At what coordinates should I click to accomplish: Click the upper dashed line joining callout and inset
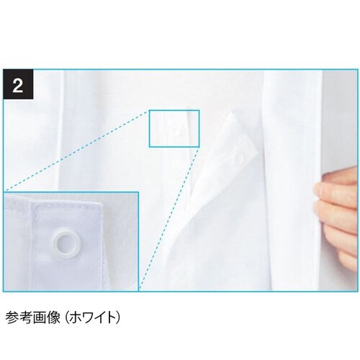point(79,168)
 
